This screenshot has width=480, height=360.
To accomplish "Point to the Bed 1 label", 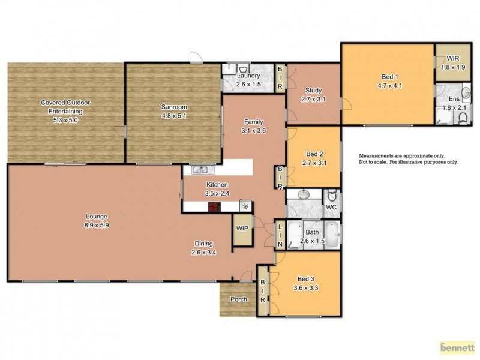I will tap(389, 77).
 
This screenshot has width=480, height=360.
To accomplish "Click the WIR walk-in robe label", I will tap(452, 58).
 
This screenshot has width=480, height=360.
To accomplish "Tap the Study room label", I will tap(313, 91).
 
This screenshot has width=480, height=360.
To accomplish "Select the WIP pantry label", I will tap(242, 229).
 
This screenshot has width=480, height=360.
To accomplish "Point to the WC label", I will tap(331, 208).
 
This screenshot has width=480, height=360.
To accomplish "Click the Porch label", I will tap(239, 299).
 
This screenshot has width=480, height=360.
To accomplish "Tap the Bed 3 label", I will tap(305, 279).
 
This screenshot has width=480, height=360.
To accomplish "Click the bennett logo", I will tap(457, 347).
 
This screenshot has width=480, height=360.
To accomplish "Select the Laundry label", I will tap(248, 76).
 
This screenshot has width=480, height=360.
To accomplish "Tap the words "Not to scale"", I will tap(375, 162).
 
